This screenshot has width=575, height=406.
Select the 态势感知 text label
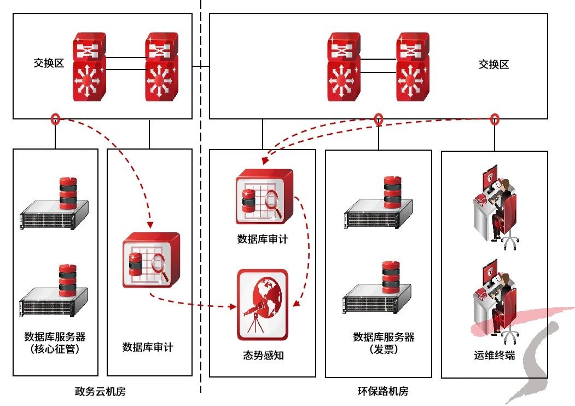(x=263, y=355)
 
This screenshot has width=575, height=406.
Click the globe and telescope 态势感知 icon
(x=262, y=305)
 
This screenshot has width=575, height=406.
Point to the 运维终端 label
(x=495, y=355)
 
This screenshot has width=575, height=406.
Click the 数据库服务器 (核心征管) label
(x=55, y=342)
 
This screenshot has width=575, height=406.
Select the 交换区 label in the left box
(x=49, y=64)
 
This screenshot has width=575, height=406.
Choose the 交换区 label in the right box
(x=493, y=64)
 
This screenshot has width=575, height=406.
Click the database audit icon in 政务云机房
(x=150, y=260)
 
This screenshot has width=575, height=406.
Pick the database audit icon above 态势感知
(x=264, y=197)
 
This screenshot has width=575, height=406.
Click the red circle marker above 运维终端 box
(x=495, y=119)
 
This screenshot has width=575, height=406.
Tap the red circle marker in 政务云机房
(x=55, y=119)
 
